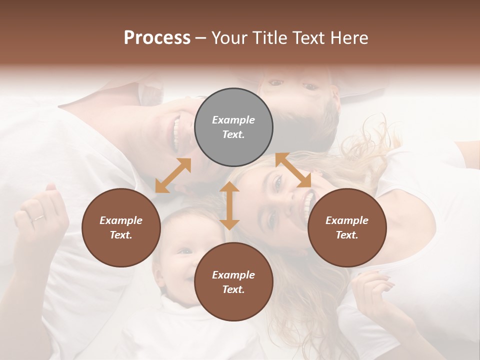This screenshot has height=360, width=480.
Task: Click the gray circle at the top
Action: coord(233,127)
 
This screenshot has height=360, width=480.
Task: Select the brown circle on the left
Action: coord(121,227)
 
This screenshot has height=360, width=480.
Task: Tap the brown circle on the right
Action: coord(347,227)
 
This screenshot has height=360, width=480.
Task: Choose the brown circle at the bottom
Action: coord(233,282)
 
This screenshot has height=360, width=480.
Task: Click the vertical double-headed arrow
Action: coord(229,205)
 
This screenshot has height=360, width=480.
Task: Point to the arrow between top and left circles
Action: coord(173,175)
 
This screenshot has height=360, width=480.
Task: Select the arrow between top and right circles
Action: coord(293,170)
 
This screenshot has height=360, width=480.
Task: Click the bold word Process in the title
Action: coord(157,37)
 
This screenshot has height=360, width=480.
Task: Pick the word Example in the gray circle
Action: coord(233,120)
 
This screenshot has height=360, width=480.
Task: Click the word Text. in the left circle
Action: coord(121,235)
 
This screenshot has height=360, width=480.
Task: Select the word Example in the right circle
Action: coord(347,220)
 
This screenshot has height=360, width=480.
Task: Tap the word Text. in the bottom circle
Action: coord(233,289)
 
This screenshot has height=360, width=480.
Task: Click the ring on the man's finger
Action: coord(38,218)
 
